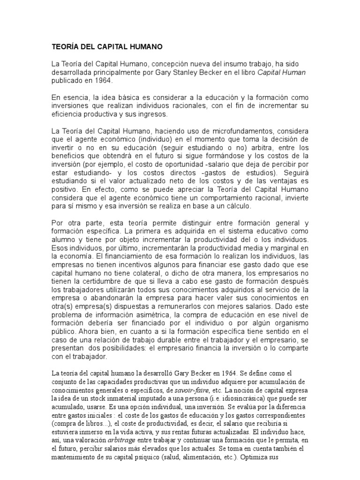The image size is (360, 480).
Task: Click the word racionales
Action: coord(169,106)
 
